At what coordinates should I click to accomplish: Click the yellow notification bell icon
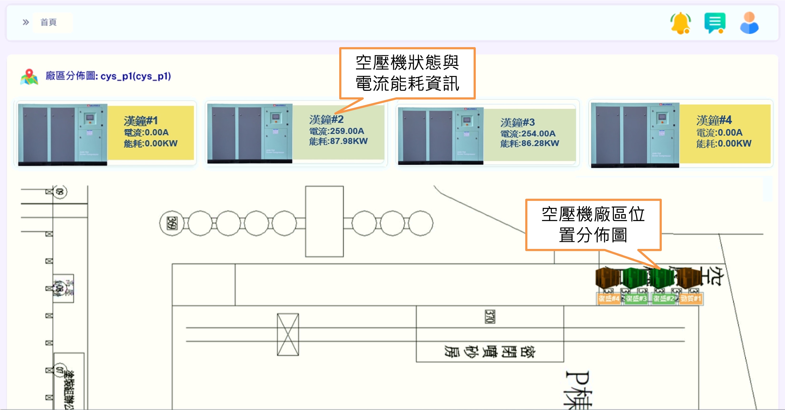(680, 23)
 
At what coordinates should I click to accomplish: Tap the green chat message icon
(715, 23)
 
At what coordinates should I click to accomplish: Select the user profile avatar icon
(749, 23)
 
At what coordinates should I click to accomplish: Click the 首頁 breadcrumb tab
(49, 22)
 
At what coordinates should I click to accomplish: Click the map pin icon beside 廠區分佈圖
(29, 77)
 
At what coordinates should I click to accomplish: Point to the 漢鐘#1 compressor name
(141, 121)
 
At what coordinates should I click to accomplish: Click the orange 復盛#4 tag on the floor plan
(608, 298)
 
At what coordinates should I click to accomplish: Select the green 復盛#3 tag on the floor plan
(636, 298)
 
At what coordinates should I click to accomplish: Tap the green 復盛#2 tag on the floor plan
(663, 298)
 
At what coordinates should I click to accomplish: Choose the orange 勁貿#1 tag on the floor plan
(691, 298)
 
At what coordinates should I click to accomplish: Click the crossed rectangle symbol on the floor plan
(288, 334)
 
